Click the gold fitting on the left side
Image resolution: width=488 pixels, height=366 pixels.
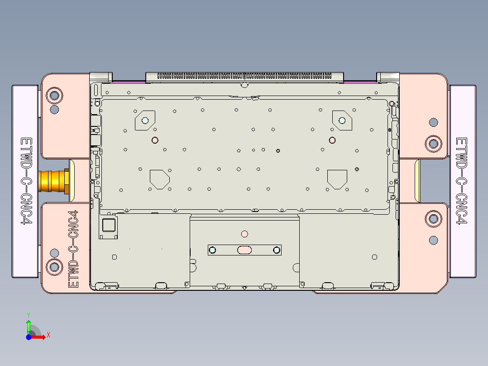click(54, 181)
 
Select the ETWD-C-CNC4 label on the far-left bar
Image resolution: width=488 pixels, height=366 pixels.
click(26, 181)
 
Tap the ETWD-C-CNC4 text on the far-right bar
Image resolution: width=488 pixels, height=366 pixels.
click(461, 181)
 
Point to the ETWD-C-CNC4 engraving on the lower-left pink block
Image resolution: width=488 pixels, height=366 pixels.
click(73, 249)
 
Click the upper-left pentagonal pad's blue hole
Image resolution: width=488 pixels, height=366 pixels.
click(145, 120)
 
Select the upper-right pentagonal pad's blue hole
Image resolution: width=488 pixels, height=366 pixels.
click(342, 120)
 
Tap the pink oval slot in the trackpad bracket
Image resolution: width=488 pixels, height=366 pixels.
click(244, 250)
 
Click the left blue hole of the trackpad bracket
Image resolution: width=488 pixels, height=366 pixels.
click(212, 250)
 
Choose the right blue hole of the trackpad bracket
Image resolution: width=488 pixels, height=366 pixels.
click(276, 250)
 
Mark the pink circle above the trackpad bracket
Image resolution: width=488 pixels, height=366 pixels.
click(244, 234)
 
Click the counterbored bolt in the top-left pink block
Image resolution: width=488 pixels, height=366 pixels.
click(54, 96)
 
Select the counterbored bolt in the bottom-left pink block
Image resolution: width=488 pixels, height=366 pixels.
click(54, 267)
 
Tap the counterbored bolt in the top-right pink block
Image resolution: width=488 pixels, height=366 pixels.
click(434, 144)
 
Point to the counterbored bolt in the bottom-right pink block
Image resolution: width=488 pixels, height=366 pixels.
click(434, 219)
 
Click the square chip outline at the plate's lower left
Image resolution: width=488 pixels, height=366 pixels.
click(109, 225)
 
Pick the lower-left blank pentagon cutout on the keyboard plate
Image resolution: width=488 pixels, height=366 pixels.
click(159, 179)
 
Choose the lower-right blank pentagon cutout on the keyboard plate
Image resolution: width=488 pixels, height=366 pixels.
click(337, 179)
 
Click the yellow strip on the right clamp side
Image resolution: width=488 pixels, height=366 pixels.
click(417, 181)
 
